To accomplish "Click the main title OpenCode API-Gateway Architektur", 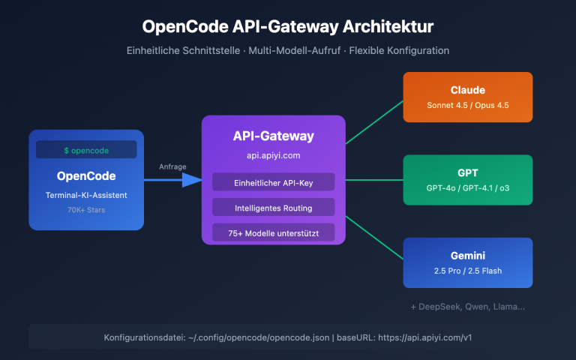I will click(x=288, y=26).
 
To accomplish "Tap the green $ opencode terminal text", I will click(x=86, y=150).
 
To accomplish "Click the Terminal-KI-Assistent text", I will click(x=86, y=195).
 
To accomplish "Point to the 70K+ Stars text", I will click(x=86, y=211).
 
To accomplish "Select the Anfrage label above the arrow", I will click(x=173, y=166).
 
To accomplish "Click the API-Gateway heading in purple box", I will click(x=273, y=136).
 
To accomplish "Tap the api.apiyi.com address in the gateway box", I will click(x=273, y=155).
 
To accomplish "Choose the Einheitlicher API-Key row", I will click(x=273, y=182).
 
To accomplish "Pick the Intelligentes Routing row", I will click(x=273, y=207).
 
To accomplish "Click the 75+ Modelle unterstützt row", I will click(x=273, y=233).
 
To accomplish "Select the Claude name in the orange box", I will click(x=467, y=90).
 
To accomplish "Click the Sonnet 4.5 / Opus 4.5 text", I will click(x=467, y=105).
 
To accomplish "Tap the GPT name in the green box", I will click(x=467, y=172).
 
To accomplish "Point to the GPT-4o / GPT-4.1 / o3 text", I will click(x=467, y=187).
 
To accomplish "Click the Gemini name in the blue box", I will click(x=467, y=255).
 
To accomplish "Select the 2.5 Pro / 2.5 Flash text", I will click(x=467, y=270).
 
